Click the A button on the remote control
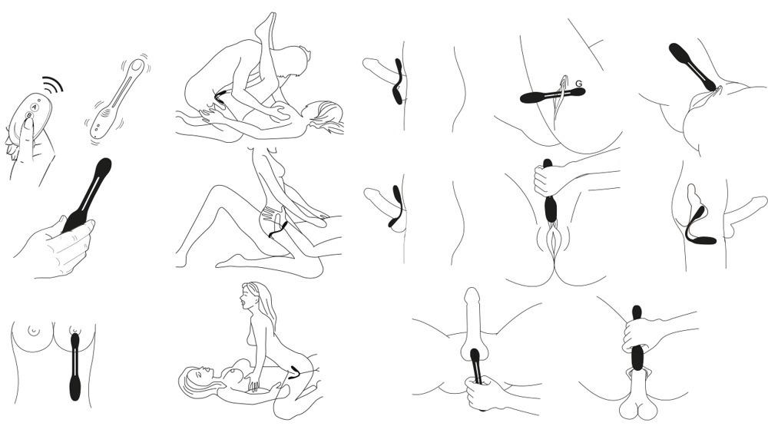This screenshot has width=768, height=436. pyautogui.click(x=34, y=107)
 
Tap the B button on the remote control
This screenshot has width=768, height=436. pyautogui.click(x=29, y=116)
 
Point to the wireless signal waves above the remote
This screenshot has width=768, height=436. pyautogui.click(x=53, y=85)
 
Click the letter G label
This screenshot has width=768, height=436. pyautogui.click(x=579, y=84)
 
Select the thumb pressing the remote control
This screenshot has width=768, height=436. pyautogui.click(x=27, y=132)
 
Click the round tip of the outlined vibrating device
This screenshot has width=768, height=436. pyautogui.click(x=137, y=65)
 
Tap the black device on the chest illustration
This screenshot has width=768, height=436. pyautogui.click(x=75, y=365)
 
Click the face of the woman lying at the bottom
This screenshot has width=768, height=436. pyautogui.click(x=196, y=376)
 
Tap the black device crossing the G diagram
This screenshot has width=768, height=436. pyautogui.click(x=552, y=95)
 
